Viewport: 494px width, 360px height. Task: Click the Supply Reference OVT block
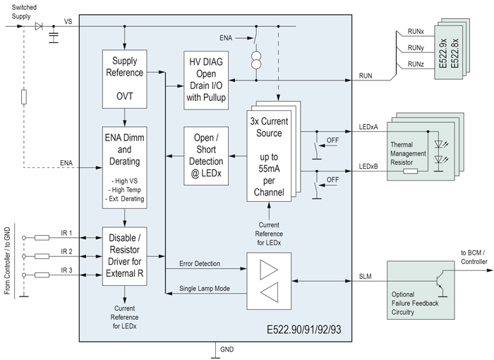click(x=124, y=79)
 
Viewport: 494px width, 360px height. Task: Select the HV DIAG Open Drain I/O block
click(x=206, y=80)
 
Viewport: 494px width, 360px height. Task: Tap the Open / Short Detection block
click(x=206, y=156)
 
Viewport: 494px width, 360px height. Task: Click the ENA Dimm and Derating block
click(x=124, y=167)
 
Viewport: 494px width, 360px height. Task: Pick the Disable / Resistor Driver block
click(x=124, y=256)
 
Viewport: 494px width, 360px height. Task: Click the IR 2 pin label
click(x=66, y=251)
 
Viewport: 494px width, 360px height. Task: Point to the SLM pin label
click(x=365, y=277)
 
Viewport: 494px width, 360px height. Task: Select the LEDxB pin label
click(x=368, y=167)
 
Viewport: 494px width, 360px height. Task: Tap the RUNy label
click(x=416, y=48)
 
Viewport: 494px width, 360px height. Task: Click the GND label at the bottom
click(x=227, y=349)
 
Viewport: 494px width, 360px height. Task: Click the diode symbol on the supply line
click(x=39, y=26)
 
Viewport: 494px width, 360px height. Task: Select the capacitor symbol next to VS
click(x=54, y=37)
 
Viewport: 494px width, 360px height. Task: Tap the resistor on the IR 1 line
click(x=42, y=238)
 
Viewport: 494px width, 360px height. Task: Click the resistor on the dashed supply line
click(x=23, y=97)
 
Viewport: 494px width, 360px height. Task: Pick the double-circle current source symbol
click(x=256, y=60)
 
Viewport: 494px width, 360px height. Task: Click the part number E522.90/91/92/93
click(x=303, y=330)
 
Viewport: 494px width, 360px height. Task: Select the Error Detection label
click(x=200, y=263)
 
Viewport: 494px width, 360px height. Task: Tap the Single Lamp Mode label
click(x=205, y=289)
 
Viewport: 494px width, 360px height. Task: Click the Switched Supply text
click(x=24, y=12)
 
